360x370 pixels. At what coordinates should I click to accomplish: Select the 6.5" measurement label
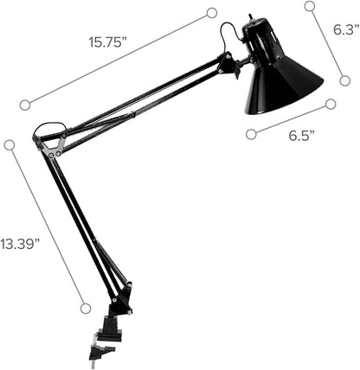pyautogui.click(x=300, y=135)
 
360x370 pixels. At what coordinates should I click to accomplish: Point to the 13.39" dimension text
pyautogui.click(x=20, y=244)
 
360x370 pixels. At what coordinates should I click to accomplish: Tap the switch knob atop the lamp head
pyautogui.click(x=251, y=17)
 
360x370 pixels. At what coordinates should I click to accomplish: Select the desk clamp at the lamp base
pyautogui.click(x=109, y=329)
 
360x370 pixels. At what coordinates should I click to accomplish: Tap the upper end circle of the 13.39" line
pyautogui.click(x=10, y=145)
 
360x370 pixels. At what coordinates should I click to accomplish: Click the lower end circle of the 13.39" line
pyautogui.click(x=85, y=307)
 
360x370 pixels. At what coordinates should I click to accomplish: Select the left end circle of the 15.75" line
pyautogui.click(x=25, y=105)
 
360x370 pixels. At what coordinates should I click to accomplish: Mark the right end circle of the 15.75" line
pyautogui.click(x=212, y=13)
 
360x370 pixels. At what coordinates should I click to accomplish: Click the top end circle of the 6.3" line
pyautogui.click(x=309, y=6)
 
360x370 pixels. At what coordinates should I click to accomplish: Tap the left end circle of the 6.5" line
pyautogui.click(x=251, y=133)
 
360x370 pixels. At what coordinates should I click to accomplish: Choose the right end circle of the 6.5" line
pyautogui.click(x=330, y=104)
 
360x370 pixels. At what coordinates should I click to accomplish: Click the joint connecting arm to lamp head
pyautogui.click(x=229, y=65)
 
